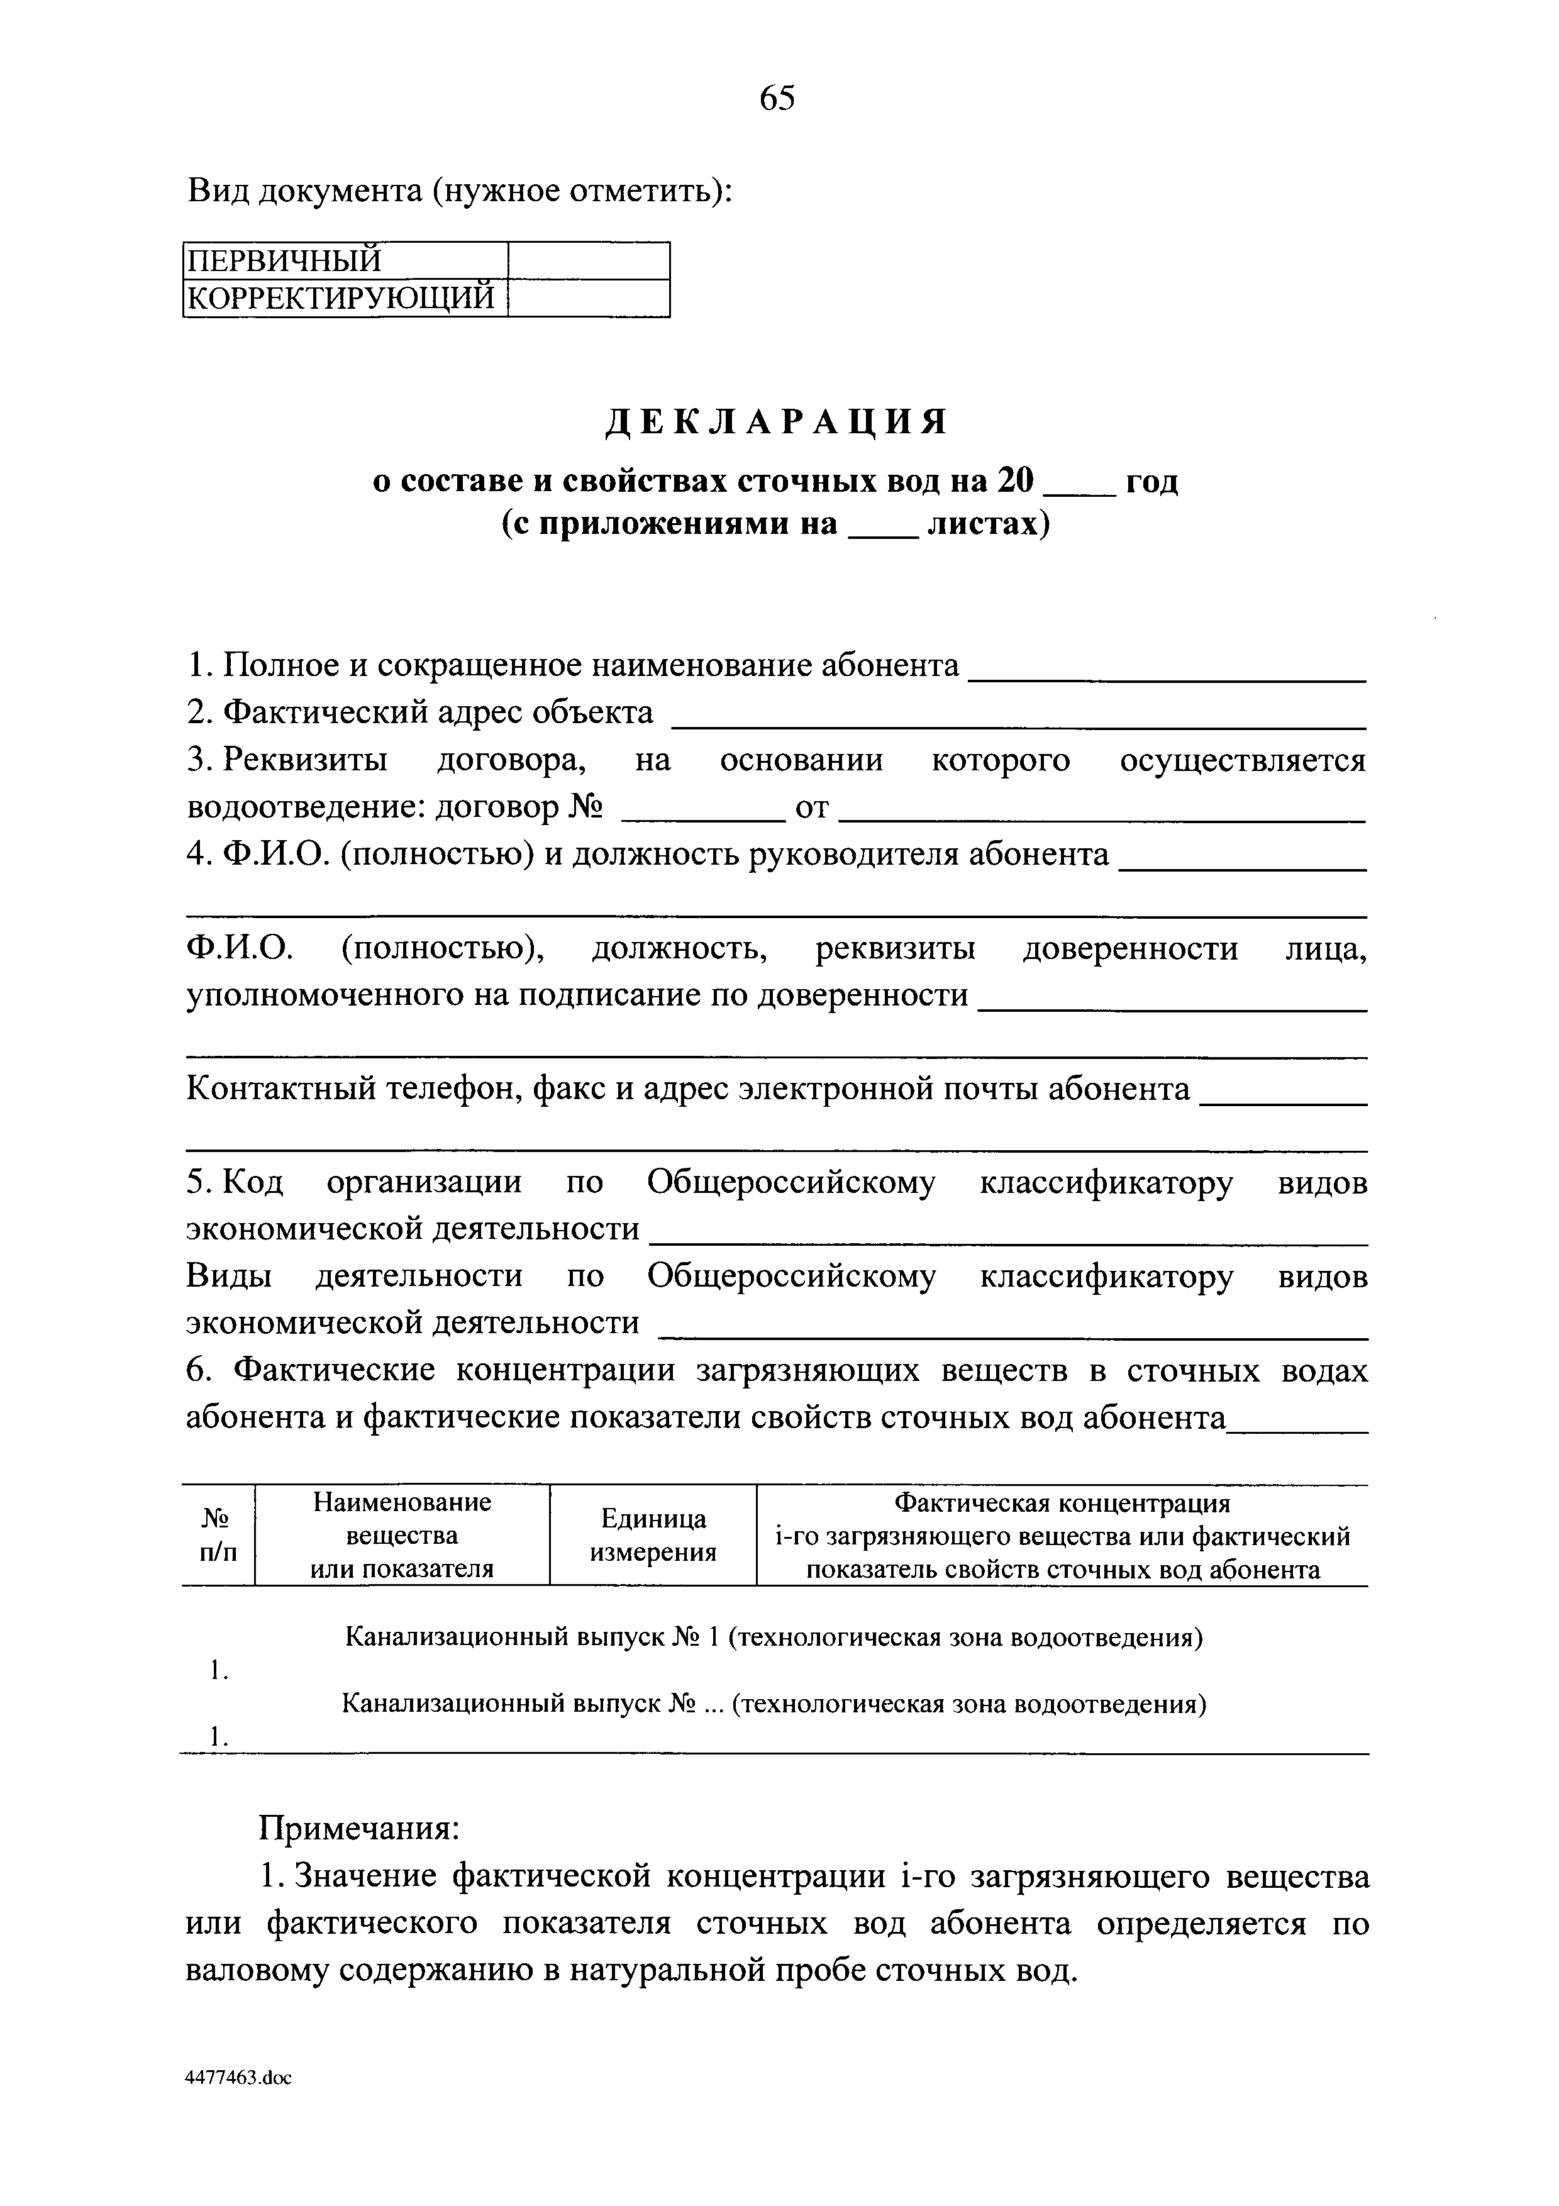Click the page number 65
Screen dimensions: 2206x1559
(777, 98)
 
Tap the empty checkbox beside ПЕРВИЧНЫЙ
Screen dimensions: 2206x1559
(588, 260)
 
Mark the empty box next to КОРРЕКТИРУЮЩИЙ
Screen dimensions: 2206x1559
(588, 298)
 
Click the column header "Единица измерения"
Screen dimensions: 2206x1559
(653, 1534)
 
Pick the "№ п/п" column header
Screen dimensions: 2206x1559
(218, 1534)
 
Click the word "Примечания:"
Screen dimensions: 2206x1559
(360, 1827)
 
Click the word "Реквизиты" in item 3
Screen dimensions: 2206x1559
(304, 760)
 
